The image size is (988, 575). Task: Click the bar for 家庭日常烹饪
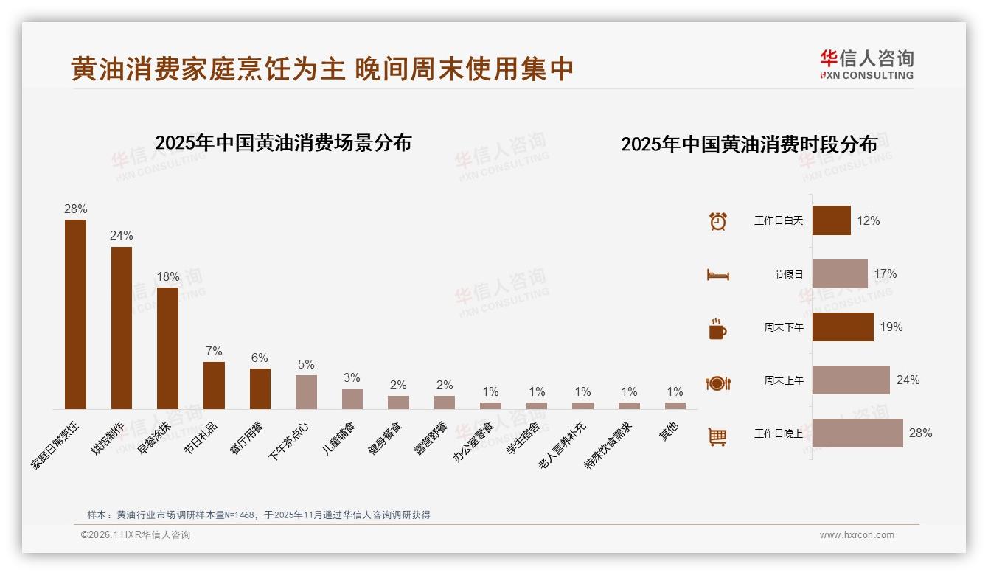click(75, 314)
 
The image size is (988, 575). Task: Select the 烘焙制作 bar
click(122, 327)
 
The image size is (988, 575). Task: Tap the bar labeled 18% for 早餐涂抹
click(167, 348)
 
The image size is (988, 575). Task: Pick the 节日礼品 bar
click(214, 385)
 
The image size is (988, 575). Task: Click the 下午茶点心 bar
click(306, 391)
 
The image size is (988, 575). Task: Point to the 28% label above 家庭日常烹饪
click(75, 209)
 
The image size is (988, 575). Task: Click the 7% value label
click(214, 351)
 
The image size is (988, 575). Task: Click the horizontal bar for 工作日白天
click(831, 220)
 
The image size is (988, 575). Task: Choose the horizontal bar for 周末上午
click(851, 380)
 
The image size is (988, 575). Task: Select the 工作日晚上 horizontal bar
click(857, 433)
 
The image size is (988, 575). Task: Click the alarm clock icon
click(717, 221)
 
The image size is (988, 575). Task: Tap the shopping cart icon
click(717, 436)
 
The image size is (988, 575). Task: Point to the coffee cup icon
click(717, 329)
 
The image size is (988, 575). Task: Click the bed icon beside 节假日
click(717, 275)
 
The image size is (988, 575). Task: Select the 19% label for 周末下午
click(891, 327)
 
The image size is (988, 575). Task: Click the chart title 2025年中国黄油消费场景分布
click(283, 142)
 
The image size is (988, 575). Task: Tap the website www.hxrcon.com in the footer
click(857, 535)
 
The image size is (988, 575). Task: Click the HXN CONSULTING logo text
click(866, 75)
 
